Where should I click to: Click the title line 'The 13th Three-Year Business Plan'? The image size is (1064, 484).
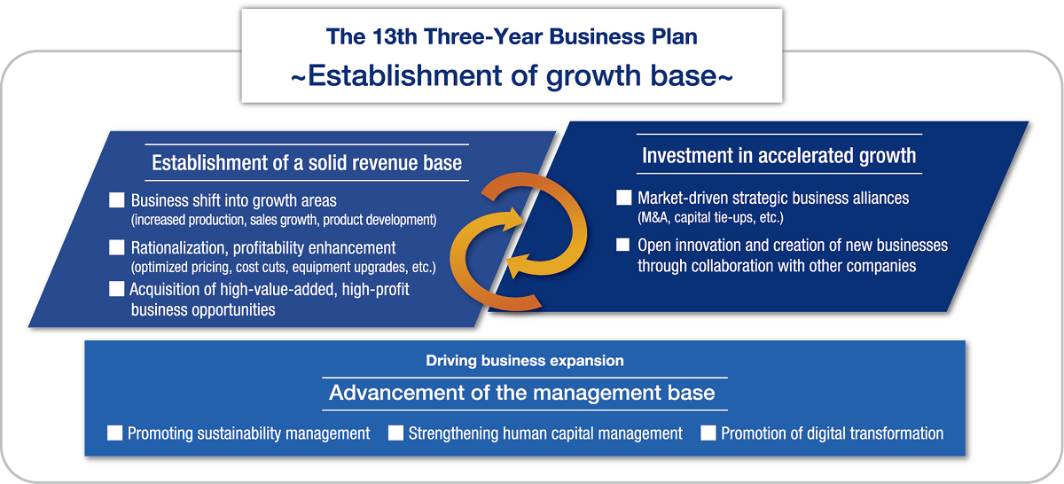512,36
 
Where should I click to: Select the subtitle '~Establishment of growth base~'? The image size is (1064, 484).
512,75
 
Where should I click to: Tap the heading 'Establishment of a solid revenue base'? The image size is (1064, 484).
307,163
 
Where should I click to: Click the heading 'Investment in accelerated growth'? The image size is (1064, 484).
778,156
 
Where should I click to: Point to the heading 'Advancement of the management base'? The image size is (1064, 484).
522,393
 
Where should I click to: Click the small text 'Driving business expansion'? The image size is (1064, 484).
525,361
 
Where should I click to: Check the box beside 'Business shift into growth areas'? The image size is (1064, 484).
117,200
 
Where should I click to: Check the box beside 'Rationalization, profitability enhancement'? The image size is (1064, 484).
117,247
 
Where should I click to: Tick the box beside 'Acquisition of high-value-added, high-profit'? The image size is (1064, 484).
117,289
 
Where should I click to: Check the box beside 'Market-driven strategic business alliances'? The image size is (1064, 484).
623,198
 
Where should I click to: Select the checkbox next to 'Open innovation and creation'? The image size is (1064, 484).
623,245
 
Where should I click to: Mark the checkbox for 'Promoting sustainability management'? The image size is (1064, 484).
114,433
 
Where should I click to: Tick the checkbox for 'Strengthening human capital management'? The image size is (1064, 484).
395,433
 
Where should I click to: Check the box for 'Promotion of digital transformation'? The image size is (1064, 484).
708,433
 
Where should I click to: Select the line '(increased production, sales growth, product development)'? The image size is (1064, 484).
284,219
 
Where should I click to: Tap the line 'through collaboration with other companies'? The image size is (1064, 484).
777,265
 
